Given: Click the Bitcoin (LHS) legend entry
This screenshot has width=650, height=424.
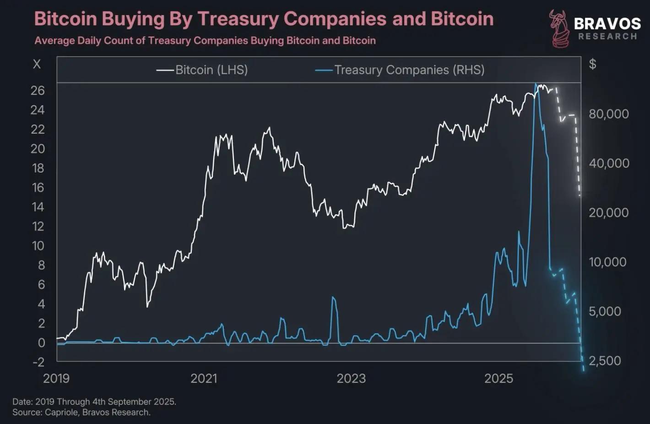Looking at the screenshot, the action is [202, 70].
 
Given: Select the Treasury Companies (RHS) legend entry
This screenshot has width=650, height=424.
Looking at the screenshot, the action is [400, 70].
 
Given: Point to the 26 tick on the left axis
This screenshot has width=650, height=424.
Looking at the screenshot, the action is [38, 91].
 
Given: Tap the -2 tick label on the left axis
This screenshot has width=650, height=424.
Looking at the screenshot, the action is [38, 362].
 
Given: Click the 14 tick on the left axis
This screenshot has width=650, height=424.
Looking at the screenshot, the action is [38, 207].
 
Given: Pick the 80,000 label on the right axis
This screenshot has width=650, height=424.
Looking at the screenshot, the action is [609, 114].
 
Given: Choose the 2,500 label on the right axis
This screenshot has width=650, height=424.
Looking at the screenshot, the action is [605, 360].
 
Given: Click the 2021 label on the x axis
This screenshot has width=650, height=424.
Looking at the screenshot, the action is [204, 378].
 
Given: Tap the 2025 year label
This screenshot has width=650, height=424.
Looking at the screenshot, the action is [499, 378].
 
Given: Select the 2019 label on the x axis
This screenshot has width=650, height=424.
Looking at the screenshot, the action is [56, 378].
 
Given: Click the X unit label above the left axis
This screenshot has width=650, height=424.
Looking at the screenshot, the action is [37, 64].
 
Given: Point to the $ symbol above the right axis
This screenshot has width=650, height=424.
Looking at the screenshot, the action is [592, 64].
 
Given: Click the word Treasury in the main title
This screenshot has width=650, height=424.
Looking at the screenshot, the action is [238, 19].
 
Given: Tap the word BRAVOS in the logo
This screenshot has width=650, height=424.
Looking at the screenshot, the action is [607, 24].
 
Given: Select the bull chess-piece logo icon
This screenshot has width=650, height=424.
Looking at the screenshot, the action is [558, 28].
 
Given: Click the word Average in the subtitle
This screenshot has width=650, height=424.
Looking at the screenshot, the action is [54, 41].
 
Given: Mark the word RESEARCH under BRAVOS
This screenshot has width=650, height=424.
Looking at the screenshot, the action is [608, 37].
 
